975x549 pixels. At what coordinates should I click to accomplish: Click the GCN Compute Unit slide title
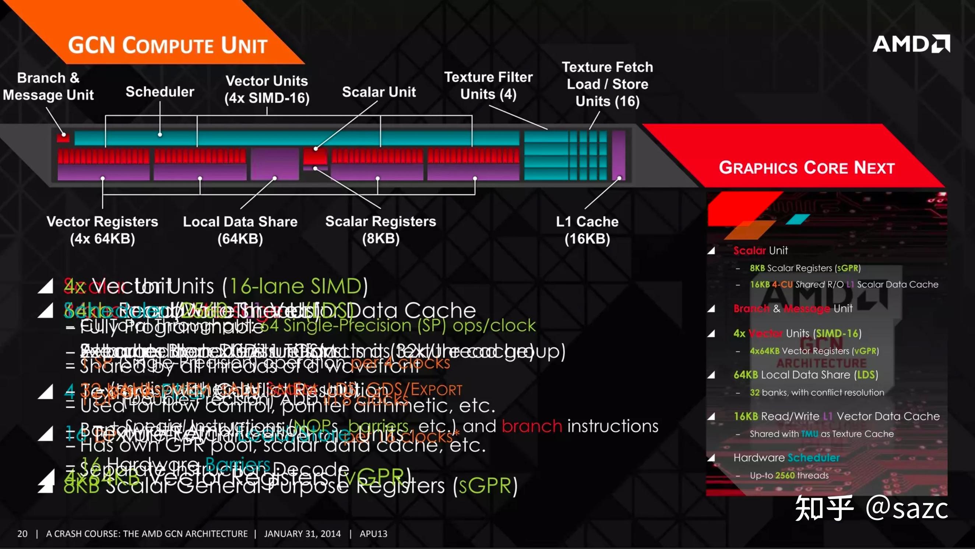168,45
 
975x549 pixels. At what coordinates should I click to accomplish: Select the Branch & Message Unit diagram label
49,86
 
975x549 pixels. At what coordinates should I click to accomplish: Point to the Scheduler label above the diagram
160,92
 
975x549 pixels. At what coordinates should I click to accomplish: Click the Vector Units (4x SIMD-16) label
267,89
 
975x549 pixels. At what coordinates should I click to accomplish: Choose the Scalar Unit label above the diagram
379,92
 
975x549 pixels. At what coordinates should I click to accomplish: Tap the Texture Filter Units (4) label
488,85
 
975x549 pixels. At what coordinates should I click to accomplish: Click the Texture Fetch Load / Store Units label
608,84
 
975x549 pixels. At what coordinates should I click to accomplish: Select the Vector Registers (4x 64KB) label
102,230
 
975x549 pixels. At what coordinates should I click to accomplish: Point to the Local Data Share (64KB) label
240,230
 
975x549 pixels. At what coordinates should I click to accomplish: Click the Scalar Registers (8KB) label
380,230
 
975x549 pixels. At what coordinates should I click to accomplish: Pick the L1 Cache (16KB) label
587,230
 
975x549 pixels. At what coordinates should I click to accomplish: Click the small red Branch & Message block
63,137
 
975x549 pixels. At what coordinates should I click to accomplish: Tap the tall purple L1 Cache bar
619,155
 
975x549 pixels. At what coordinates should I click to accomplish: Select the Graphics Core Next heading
807,168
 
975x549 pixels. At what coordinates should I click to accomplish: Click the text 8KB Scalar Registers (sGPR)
805,268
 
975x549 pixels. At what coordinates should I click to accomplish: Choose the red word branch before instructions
532,426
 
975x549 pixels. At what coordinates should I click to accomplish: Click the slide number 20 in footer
22,534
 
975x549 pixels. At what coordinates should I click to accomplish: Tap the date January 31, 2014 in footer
302,534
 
